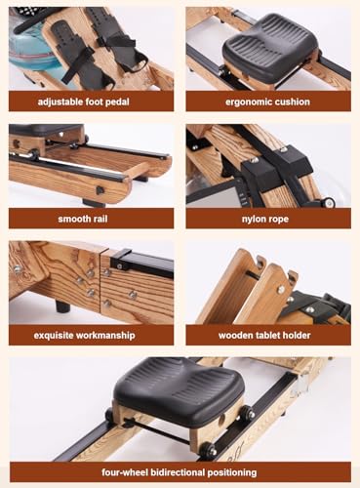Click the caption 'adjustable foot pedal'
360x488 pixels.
click(92, 101)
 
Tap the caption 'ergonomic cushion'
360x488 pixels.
click(268, 101)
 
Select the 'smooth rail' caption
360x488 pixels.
click(92, 218)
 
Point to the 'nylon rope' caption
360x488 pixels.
click(268, 218)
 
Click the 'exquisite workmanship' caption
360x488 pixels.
click(92, 335)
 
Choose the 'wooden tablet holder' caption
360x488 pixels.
click(268, 335)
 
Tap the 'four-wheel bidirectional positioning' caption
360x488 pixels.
click(180, 471)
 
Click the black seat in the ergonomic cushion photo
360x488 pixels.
click(269, 44)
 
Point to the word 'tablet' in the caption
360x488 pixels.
click(269, 335)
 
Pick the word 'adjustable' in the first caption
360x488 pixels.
click(60, 101)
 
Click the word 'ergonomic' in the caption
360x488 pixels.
click(248, 101)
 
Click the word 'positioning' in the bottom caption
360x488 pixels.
click(253, 471)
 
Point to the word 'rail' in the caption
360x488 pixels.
click(114, 218)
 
